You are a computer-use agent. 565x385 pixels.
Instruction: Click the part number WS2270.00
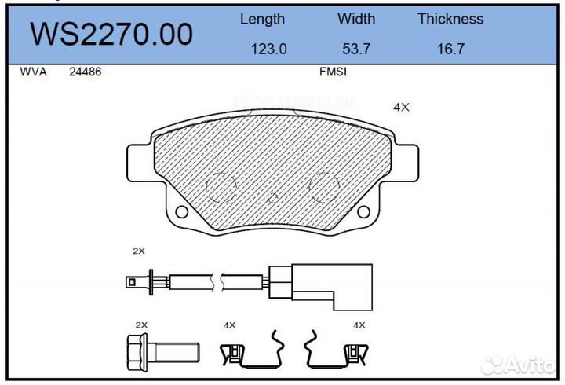pyautogui.click(x=111, y=34)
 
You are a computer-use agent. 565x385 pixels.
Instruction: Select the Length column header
pyautogui.click(x=262, y=19)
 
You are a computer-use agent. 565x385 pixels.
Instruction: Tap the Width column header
pyautogui.click(x=356, y=19)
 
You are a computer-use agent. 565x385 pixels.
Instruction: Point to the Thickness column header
pyautogui.click(x=450, y=19)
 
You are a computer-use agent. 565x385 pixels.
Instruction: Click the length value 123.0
pyautogui.click(x=268, y=49)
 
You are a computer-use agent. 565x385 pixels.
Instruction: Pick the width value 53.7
pyautogui.click(x=355, y=49)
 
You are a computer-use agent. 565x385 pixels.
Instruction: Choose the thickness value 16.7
pyautogui.click(x=450, y=49)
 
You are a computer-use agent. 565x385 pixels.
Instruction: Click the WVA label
pyautogui.click(x=33, y=71)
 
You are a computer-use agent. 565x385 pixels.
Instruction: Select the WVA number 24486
pyautogui.click(x=86, y=71)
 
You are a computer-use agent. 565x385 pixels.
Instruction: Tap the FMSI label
pyautogui.click(x=333, y=71)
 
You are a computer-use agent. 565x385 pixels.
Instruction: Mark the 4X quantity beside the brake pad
pyautogui.click(x=401, y=108)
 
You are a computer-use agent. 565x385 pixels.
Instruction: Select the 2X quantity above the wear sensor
pyautogui.click(x=139, y=251)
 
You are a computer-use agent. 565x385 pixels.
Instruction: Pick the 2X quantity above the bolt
pyautogui.click(x=142, y=324)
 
